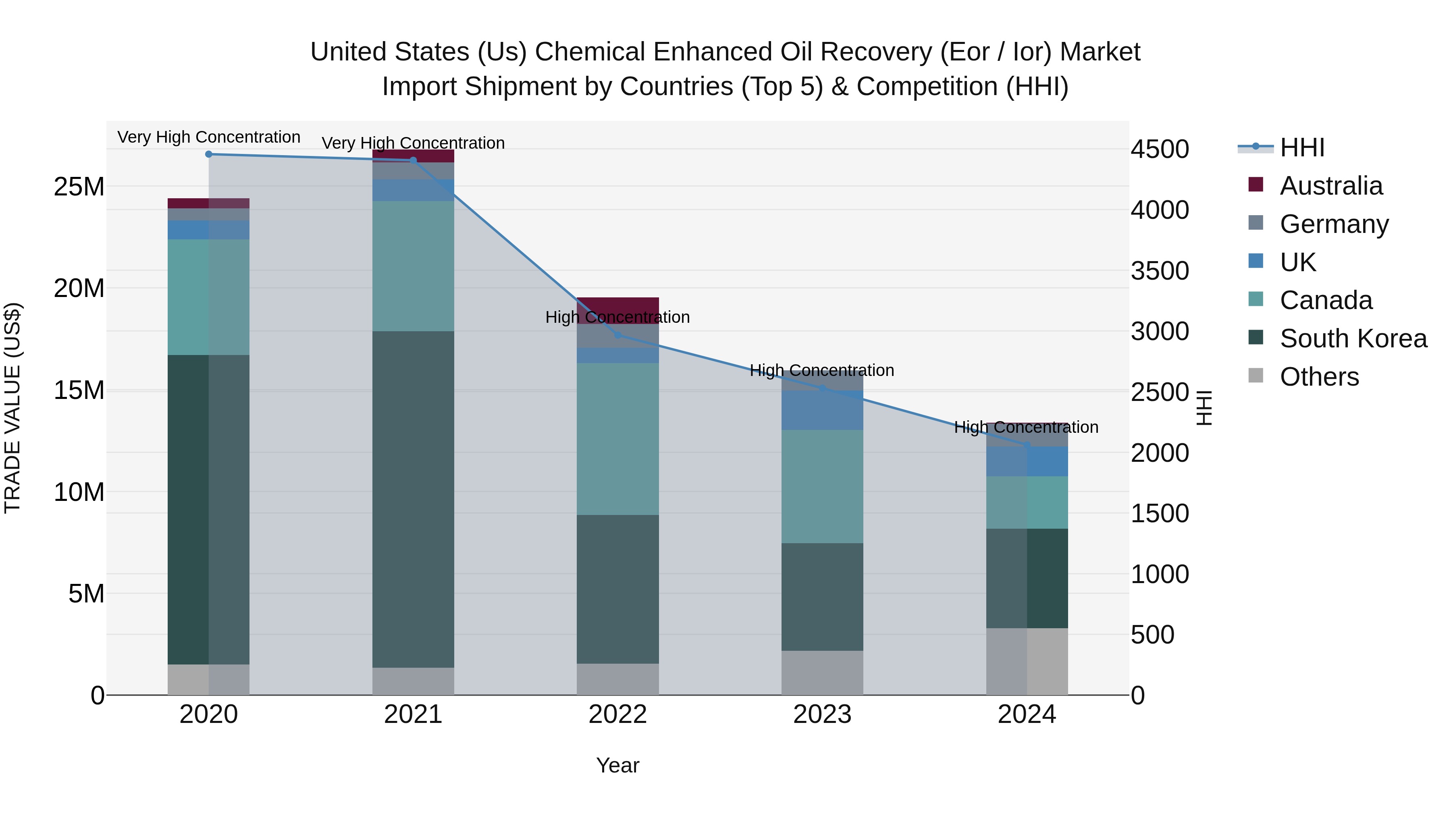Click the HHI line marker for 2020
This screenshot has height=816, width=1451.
coord(208,154)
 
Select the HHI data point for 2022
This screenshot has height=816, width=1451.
coord(617,335)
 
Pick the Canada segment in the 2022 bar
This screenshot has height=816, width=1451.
coord(617,439)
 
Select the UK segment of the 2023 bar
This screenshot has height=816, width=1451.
coord(822,410)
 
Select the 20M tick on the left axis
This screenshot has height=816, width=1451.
coord(79,289)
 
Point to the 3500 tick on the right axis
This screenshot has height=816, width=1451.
coord(1159,271)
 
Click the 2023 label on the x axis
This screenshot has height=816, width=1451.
coord(822,714)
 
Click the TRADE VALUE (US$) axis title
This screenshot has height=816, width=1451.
coord(12,408)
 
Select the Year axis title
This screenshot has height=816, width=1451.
coord(617,765)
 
